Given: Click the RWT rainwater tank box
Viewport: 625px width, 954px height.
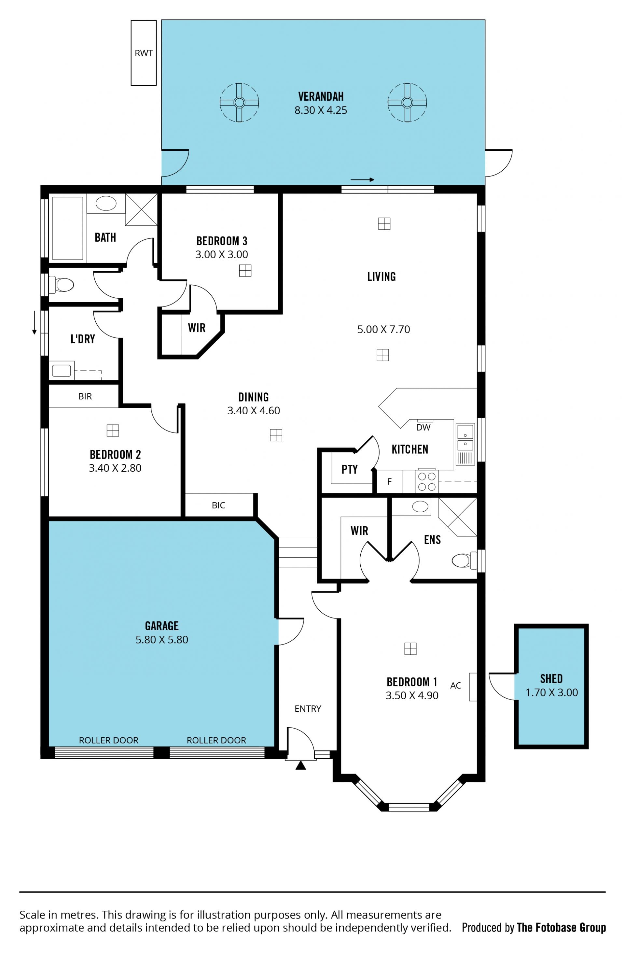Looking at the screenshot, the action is click(144, 53).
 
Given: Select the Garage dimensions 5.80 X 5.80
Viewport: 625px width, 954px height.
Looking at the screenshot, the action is click(161, 639).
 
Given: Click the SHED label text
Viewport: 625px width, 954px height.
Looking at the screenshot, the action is click(551, 679).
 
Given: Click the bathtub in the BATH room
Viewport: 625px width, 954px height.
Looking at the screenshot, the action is click(67, 228).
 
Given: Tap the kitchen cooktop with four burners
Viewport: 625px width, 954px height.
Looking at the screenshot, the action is click(427, 482).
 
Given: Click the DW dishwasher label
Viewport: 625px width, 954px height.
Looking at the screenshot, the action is click(423, 427).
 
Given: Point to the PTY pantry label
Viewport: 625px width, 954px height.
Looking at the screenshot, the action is click(349, 469).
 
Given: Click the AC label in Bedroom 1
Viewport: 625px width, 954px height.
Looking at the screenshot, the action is click(455, 685).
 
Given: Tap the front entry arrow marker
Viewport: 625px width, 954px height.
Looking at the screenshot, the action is click(300, 766).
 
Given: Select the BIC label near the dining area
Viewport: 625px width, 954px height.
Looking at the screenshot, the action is click(218, 505).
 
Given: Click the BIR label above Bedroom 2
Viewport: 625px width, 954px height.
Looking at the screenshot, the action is click(85, 396).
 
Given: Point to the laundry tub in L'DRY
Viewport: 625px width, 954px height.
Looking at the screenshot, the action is click(61, 370).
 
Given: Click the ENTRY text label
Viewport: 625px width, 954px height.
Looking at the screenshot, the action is click(308, 709).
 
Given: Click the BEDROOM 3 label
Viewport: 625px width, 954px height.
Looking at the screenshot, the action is click(222, 241).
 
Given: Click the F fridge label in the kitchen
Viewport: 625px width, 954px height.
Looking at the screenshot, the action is click(389, 482).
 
